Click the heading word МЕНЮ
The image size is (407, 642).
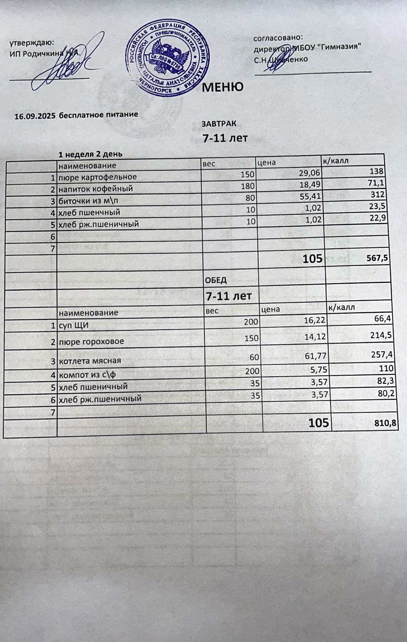click(x=222, y=87)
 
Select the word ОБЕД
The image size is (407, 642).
click(x=216, y=280)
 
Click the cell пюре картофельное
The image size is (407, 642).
click(x=98, y=177)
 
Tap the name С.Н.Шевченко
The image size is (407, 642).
click(x=280, y=59)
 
